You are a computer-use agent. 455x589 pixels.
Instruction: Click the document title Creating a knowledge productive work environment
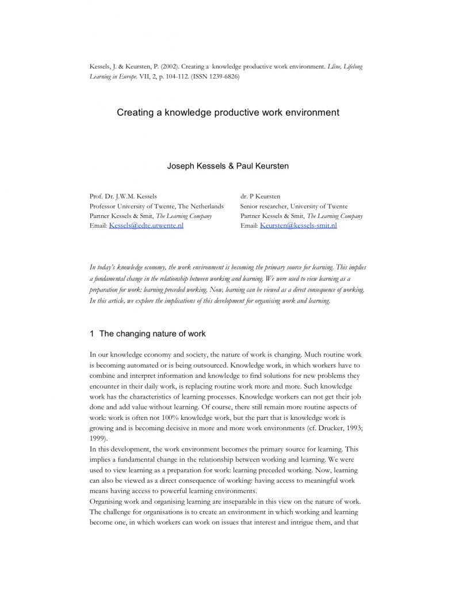[228, 112]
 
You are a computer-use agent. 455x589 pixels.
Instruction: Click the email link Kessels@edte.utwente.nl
[146, 225]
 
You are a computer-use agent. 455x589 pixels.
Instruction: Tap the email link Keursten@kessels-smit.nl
[298, 225]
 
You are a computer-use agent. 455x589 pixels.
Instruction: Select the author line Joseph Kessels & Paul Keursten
[228, 166]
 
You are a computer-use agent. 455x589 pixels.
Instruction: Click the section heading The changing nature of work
[152, 334]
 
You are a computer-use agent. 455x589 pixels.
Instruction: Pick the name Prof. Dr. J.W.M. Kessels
[123, 196]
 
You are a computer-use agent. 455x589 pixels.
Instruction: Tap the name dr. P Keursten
[260, 196]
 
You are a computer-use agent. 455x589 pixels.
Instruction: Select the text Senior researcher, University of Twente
[294, 206]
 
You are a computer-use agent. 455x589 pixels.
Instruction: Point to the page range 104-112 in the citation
[166, 77]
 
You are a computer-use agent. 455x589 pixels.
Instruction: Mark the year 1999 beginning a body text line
[97, 438]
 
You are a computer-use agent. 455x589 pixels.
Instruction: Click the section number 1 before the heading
[92, 334]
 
